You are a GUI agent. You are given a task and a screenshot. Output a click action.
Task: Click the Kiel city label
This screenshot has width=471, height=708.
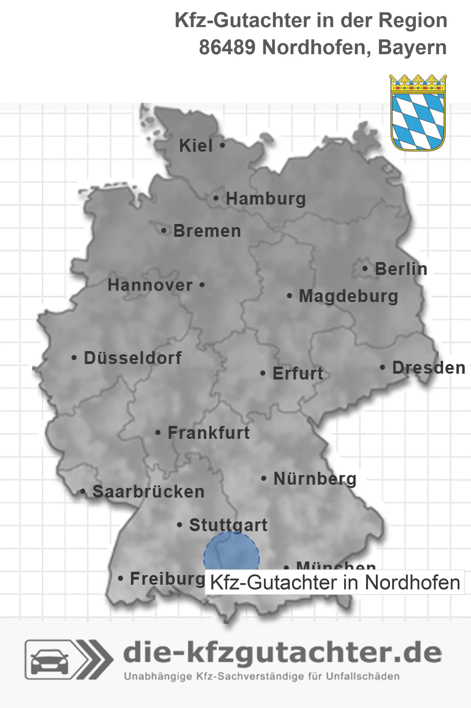196,146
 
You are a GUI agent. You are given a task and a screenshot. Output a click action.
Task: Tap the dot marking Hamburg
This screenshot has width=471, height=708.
216,198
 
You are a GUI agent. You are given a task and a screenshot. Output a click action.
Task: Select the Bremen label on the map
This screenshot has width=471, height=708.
207,231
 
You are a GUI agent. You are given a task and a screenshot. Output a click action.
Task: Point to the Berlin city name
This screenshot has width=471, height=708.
401,269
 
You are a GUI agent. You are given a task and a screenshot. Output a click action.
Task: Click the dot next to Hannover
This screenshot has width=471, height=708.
202,285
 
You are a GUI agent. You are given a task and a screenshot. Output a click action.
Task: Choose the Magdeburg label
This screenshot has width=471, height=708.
348,296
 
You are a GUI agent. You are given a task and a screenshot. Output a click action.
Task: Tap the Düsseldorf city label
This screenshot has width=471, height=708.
133,358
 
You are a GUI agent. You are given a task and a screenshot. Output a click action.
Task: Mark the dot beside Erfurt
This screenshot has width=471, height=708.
263,373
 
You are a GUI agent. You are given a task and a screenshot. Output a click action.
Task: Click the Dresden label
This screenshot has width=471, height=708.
429,368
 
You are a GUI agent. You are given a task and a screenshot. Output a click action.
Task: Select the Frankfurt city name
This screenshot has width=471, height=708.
209,432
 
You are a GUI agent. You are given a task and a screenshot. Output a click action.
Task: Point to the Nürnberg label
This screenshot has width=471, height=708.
315,479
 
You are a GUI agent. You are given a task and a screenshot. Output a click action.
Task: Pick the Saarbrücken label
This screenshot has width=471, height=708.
148,491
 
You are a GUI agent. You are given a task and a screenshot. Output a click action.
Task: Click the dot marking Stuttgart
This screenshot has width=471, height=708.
180,525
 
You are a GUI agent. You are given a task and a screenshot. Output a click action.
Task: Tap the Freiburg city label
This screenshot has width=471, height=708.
167,578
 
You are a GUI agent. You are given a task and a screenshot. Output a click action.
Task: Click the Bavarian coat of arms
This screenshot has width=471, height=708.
418,113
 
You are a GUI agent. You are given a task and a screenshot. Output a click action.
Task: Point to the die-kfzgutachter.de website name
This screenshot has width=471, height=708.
282,653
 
